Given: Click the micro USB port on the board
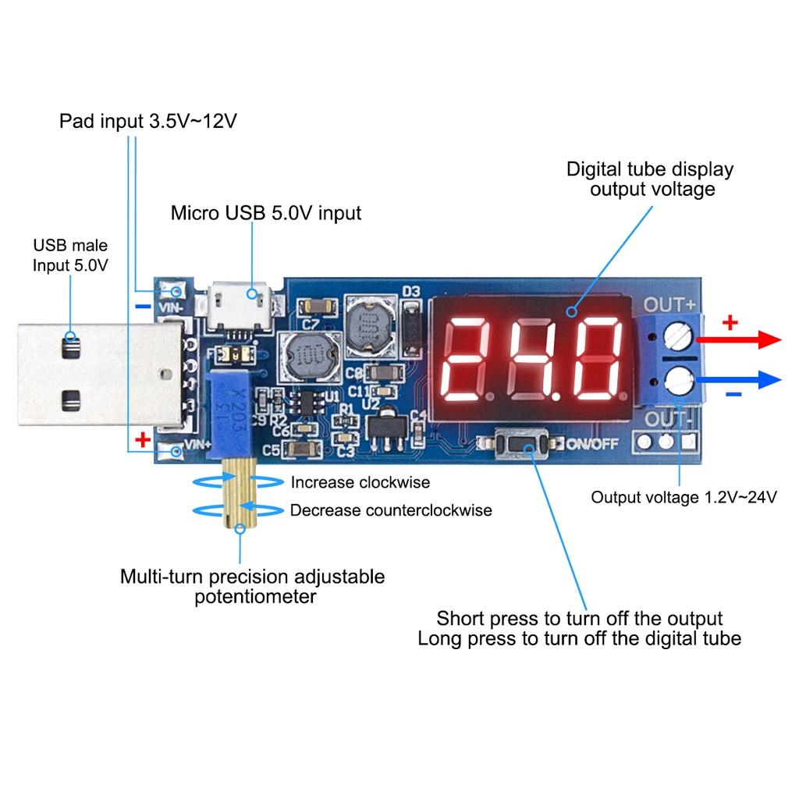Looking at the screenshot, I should (240, 296).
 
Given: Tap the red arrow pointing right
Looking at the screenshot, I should (738, 339).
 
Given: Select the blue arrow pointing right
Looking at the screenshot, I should (738, 380).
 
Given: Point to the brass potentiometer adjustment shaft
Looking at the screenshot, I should (239, 493).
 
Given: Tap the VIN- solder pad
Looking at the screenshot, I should (176, 292).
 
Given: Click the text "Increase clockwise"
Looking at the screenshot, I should (360, 482).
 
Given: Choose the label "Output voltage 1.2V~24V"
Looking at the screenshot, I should (684, 498).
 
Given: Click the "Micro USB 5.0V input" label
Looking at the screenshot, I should (266, 213).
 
